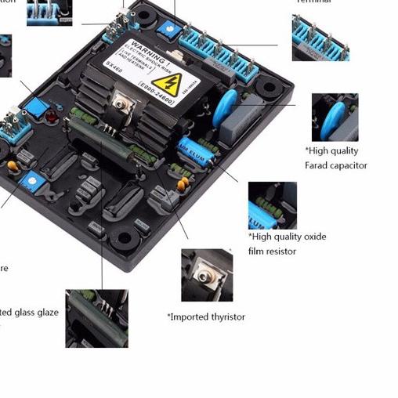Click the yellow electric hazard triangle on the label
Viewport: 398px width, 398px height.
pyautogui.click(x=165, y=84)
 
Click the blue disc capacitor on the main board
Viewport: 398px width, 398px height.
pyautogui.click(x=229, y=103)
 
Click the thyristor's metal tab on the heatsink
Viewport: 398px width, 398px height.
pyautogui.click(x=124, y=103)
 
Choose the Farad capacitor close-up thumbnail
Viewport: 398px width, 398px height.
pyautogui.click(x=335, y=117)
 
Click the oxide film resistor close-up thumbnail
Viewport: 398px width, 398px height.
pyautogui.click(x=272, y=204)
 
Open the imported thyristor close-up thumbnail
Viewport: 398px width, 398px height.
pyautogui.click(x=207, y=275)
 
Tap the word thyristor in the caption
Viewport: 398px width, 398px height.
pyautogui.click(x=225, y=317)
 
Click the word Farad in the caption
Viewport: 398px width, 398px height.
pyautogui.click(x=318, y=165)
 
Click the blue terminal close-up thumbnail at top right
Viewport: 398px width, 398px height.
pyautogui.click(x=320, y=38)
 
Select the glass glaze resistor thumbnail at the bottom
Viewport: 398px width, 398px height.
pyautogui.click(x=96, y=318)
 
